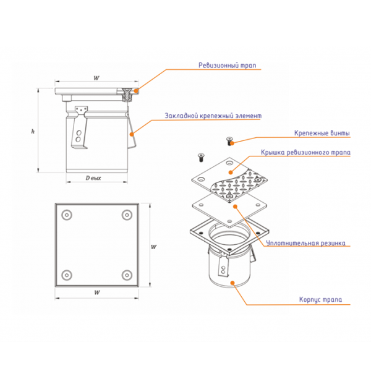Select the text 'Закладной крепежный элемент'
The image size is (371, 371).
click(213, 116)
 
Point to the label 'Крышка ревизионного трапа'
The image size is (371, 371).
click(305, 152)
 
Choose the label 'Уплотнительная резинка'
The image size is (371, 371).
click(305, 243)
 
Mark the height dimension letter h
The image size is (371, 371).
click(33, 131)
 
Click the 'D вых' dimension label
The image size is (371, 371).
click(93, 178)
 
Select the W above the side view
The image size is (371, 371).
click(96, 78)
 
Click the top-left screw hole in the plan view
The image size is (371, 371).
click(66, 214)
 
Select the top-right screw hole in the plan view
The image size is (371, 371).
click(127, 214)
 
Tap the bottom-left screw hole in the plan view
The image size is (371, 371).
click(66, 275)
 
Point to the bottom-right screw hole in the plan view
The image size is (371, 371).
click(127, 275)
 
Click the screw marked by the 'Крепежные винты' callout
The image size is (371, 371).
click(230, 141)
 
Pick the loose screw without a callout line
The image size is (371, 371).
click(200, 155)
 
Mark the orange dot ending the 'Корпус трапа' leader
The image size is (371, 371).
click(232, 284)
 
